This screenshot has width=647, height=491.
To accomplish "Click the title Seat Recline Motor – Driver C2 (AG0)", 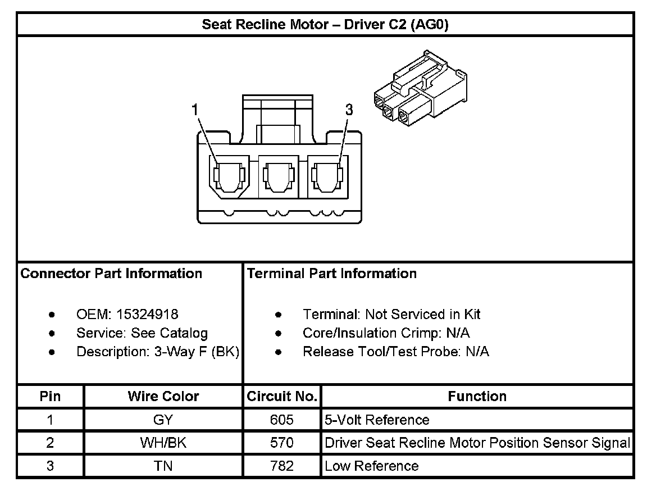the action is tap(325, 25).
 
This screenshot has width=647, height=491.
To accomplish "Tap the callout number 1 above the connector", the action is tap(195, 110).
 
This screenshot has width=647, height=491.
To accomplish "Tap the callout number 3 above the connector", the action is tap(349, 110).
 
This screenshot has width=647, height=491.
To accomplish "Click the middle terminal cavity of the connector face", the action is tap(278, 176).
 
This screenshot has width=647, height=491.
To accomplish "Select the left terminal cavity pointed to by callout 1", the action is tap(229, 176).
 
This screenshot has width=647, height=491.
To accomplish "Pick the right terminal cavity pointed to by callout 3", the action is tap(327, 176).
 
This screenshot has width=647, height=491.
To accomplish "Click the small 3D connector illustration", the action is tap(420, 88).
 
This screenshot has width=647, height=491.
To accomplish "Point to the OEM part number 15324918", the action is tap(147, 315).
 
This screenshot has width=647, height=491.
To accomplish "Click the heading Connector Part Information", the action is tap(111, 273).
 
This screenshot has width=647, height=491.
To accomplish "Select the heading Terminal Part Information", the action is tap(332, 273).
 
